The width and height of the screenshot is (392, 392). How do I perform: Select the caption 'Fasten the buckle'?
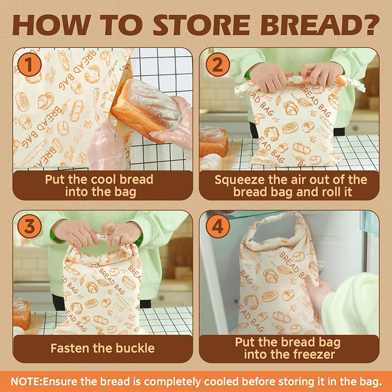coord(102,348)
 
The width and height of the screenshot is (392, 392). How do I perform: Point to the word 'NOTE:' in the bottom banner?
coord(26,381)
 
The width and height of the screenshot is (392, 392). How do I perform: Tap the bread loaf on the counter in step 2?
coord(213,140)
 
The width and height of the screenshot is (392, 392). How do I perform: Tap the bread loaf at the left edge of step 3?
coord(21,312)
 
